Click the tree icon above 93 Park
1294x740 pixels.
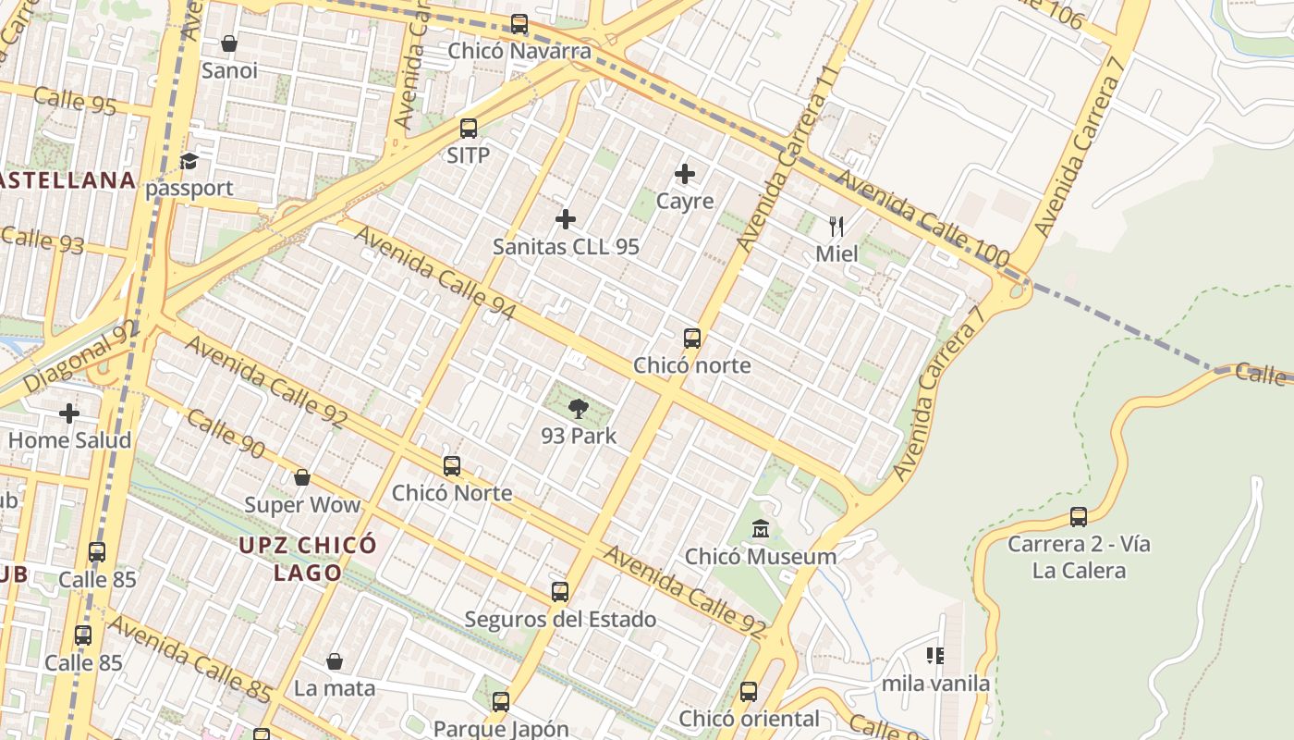point(579,409)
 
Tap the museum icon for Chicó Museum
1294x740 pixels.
point(761,530)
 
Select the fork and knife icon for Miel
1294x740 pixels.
point(836,227)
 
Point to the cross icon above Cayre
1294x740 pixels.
point(685,174)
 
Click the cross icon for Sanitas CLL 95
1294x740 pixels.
point(566,219)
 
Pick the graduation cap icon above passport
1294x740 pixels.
point(189,162)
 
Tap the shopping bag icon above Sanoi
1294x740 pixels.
point(229,43)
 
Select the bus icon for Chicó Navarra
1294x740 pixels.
point(519,24)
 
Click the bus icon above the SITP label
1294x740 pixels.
point(469,129)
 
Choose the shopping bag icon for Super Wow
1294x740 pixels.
point(301,478)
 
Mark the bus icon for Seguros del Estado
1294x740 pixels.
point(560,592)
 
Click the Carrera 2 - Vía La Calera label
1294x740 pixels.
point(1079,557)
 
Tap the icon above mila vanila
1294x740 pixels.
point(935,657)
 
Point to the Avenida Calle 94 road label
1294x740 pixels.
point(434,273)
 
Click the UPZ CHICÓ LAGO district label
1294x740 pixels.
point(308,559)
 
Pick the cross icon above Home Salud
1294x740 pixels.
point(69,413)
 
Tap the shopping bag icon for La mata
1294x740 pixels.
point(335,662)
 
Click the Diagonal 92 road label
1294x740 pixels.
point(80,356)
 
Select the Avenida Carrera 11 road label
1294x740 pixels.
point(789,159)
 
